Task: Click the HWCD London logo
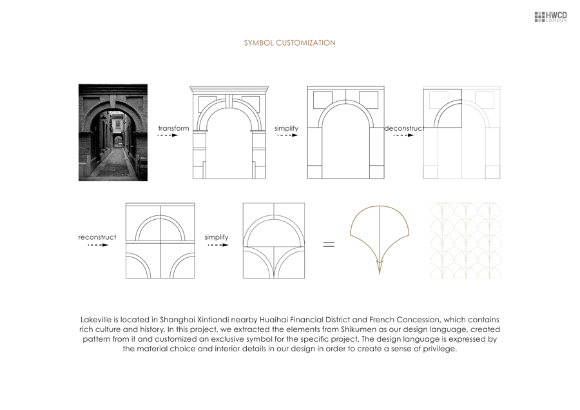(550, 17)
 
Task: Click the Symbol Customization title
(289, 43)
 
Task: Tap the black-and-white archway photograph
(113, 132)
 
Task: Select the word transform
(174, 128)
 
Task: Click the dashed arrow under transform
(168, 136)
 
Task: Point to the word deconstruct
(404, 128)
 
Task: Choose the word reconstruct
(97, 237)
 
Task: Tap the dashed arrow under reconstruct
(97, 245)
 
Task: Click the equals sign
(329, 244)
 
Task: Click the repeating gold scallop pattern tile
(465, 240)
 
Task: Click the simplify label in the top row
(286, 128)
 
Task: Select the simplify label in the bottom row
(217, 237)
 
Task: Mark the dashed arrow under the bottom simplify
(217, 245)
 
